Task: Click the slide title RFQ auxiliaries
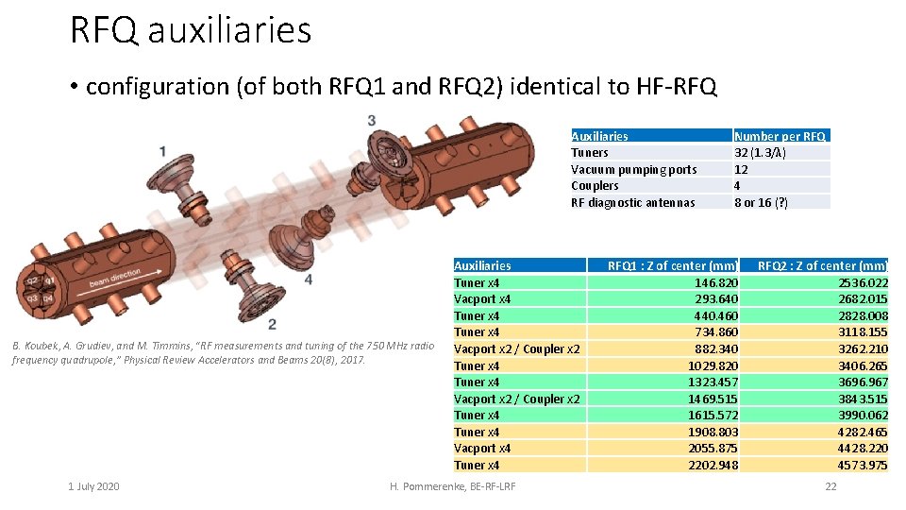coord(191,30)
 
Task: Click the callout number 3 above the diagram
coord(372,120)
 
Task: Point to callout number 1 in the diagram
coord(163,151)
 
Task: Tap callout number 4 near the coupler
coord(309,280)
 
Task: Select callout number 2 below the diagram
coord(272,324)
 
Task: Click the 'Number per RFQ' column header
coord(780,136)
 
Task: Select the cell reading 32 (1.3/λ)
coord(761,152)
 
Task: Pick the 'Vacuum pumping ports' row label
coord(633,169)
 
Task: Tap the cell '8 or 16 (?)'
coord(761,202)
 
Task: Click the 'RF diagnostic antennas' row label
coord(632,202)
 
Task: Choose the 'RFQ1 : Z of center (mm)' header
coord(672,265)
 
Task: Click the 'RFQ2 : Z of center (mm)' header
coord(822,265)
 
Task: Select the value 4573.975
coord(864,465)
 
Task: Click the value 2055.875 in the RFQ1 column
coord(713,449)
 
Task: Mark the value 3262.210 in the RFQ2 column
coord(864,348)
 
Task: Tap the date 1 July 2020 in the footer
coord(93,486)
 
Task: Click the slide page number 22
coord(830,486)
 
